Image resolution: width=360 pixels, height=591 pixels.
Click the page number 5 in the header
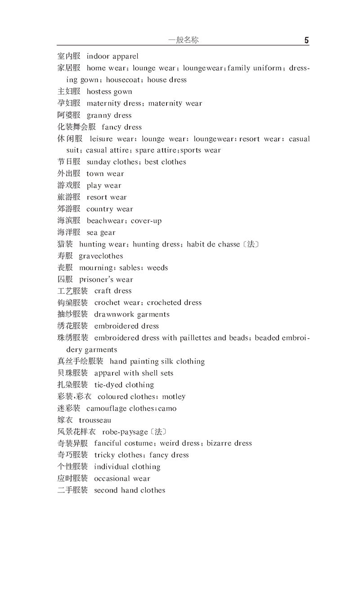(306, 40)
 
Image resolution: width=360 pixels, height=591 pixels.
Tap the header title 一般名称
(183, 40)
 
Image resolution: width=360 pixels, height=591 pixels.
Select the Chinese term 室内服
(69, 56)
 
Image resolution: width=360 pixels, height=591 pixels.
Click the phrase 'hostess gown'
(109, 91)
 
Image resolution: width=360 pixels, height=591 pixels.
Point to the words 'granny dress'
(109, 115)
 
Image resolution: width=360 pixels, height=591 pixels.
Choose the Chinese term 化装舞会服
(76, 127)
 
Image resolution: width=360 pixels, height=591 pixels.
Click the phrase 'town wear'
(105, 174)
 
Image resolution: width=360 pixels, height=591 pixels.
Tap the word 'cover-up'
(146, 221)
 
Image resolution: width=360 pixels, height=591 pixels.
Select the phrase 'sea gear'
(101, 233)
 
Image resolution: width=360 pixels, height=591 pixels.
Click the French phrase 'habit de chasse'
(213, 244)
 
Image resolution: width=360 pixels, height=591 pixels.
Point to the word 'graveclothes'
(101, 256)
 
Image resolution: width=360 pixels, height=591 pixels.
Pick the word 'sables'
(130, 268)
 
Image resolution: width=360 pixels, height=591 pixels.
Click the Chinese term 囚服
(65, 279)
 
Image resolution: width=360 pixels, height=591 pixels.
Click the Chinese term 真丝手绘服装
(80, 361)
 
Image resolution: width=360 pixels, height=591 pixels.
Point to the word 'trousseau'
(95, 420)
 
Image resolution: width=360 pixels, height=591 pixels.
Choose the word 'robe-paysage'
(125, 432)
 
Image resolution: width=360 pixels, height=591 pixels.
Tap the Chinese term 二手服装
(72, 490)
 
